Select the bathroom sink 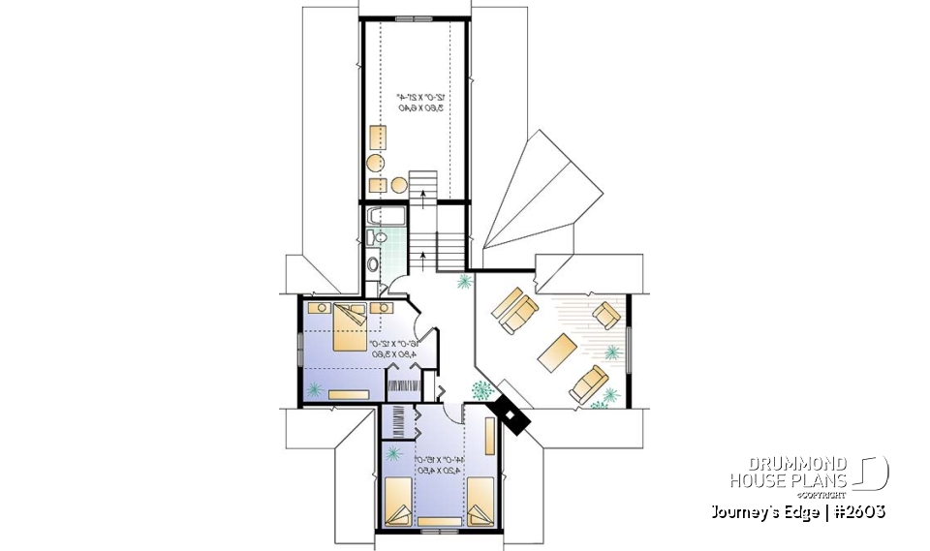click(x=379, y=236)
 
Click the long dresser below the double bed click(x=348, y=394)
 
